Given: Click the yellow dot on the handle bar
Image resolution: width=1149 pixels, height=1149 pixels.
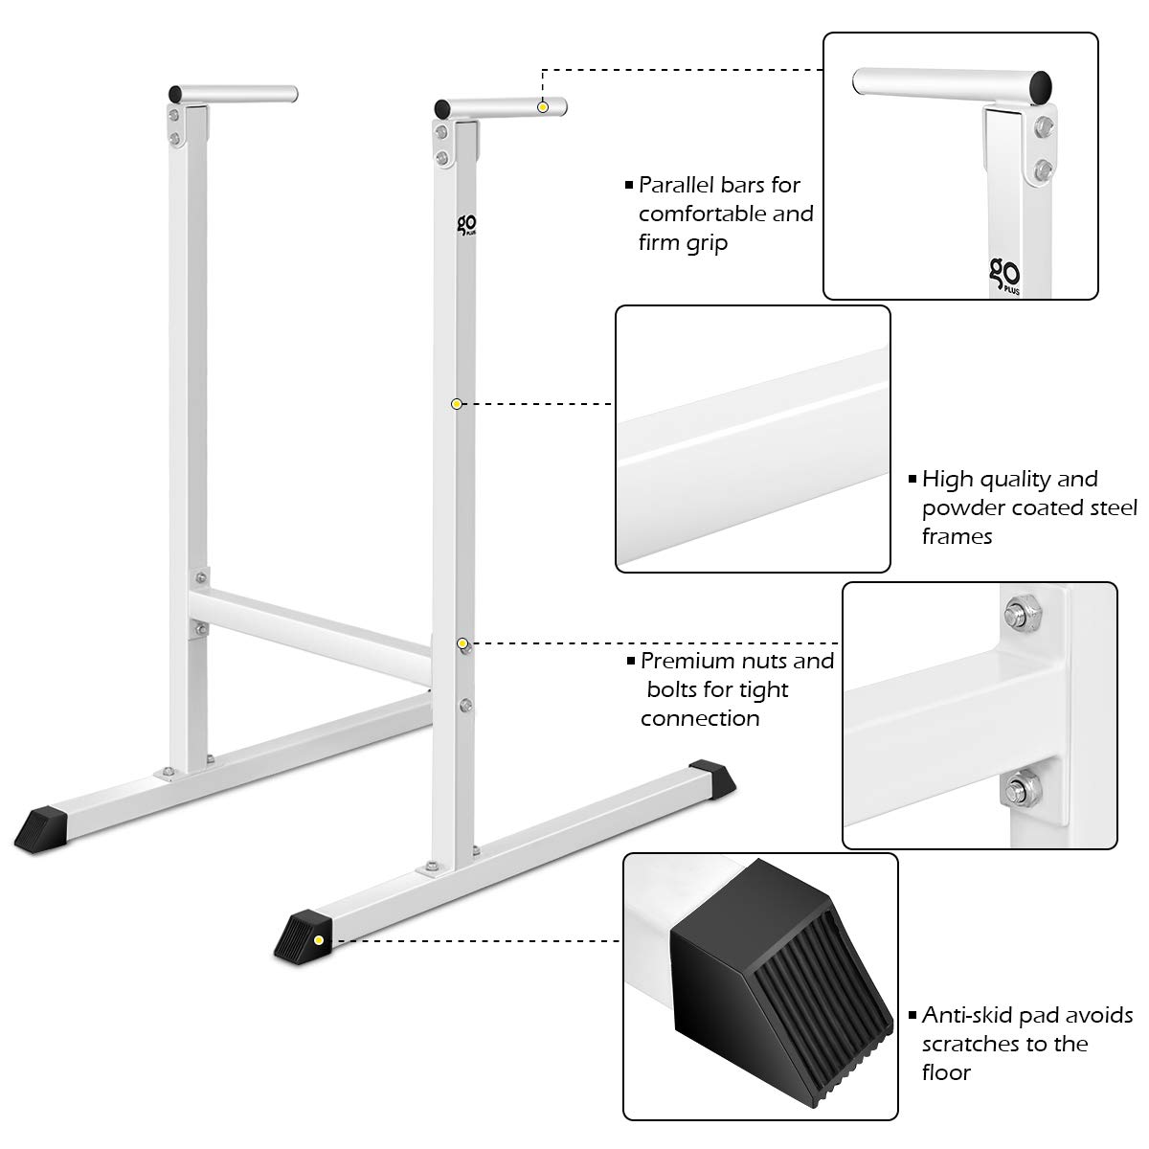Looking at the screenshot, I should tap(543, 107).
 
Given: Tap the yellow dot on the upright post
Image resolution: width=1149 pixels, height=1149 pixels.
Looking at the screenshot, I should tap(457, 404).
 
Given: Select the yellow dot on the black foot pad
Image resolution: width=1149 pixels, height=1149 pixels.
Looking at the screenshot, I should tap(318, 940).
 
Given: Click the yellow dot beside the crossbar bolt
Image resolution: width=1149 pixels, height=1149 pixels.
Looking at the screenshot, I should tap(462, 642).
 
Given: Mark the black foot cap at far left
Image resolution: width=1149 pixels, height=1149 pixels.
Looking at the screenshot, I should tap(41, 822).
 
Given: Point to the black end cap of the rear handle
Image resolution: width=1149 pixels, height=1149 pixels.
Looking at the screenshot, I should tap(175, 94).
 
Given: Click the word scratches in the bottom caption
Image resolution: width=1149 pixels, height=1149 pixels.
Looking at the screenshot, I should tap(969, 1044).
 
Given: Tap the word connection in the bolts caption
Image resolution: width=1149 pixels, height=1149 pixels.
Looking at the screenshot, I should tap(700, 718).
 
